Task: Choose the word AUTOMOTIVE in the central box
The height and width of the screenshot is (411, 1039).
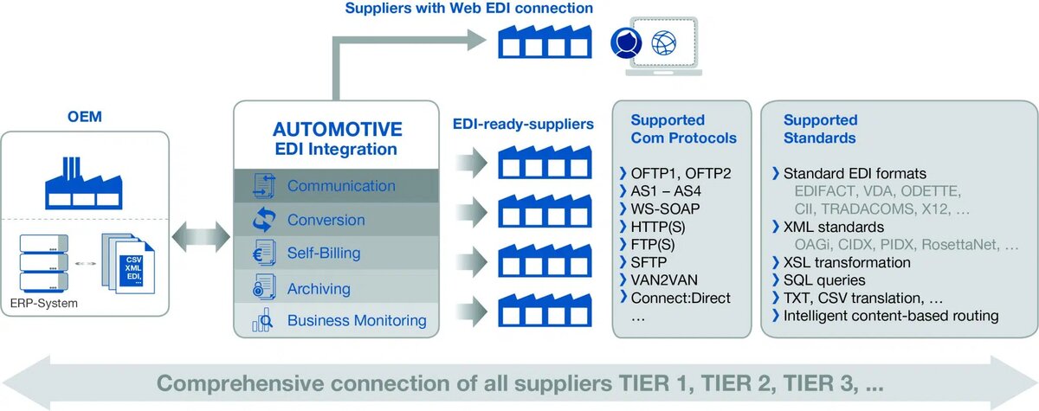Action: [x=338, y=130]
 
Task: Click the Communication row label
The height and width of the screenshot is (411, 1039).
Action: [x=341, y=186]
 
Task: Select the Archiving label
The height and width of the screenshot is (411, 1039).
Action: [x=319, y=288]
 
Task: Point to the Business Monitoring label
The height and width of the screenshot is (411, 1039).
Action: [x=357, y=321]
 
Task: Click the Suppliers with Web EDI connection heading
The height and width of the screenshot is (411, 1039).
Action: [x=468, y=9]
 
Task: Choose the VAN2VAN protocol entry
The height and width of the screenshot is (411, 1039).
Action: [x=668, y=279]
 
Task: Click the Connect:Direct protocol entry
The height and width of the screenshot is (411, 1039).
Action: [x=681, y=298]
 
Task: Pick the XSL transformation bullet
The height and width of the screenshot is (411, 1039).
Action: [x=847, y=262]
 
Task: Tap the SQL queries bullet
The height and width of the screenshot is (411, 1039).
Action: [x=823, y=280]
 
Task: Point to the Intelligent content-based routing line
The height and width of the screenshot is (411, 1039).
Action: [x=890, y=316]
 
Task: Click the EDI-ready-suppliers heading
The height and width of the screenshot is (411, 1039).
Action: [x=523, y=125]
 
